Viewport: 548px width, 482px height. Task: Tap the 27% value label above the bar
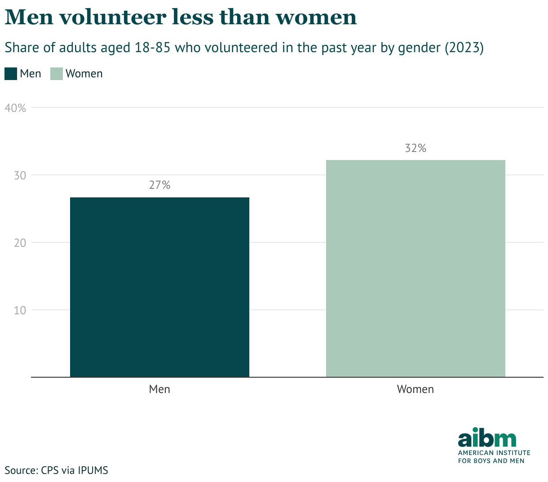coord(159,185)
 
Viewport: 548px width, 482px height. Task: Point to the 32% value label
coord(415,148)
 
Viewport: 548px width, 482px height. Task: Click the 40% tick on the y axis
coord(16,108)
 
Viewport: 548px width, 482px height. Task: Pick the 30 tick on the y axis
coord(20,175)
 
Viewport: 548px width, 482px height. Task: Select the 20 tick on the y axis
coord(20,243)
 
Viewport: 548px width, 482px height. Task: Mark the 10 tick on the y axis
coord(20,310)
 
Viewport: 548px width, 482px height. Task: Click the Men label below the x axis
coord(159,389)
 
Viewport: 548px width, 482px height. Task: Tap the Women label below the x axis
coord(415,389)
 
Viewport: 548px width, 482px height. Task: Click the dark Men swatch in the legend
coord(11,74)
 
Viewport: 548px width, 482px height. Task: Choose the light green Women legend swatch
coord(57,74)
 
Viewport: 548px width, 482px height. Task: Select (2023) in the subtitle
coord(464,48)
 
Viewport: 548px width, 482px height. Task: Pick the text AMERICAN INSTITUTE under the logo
coord(494,453)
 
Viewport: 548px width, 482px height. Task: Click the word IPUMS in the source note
coord(93,470)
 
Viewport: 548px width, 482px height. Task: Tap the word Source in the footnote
coord(21,470)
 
